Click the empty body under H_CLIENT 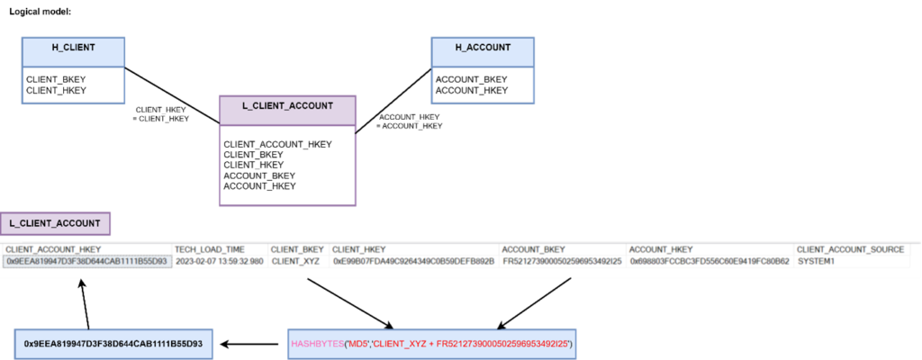coord(73,85)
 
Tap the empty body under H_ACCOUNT coord(483,85)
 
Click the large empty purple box coord(288,166)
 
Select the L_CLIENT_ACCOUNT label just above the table coord(55,223)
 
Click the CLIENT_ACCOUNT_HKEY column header coord(53,249)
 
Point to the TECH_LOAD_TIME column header coord(208,249)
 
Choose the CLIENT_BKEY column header coord(295,249)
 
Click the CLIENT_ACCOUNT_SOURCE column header coord(850,249)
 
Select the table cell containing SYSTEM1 coord(817,261)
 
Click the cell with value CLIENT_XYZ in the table coord(296,261)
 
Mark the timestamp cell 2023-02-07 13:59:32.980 coord(219,261)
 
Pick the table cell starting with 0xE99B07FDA coord(413,261)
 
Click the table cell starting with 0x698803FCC coord(710,261)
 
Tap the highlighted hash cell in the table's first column coord(86,261)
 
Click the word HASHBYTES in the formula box coord(312,344)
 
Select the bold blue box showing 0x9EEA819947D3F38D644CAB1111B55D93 coord(113,344)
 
